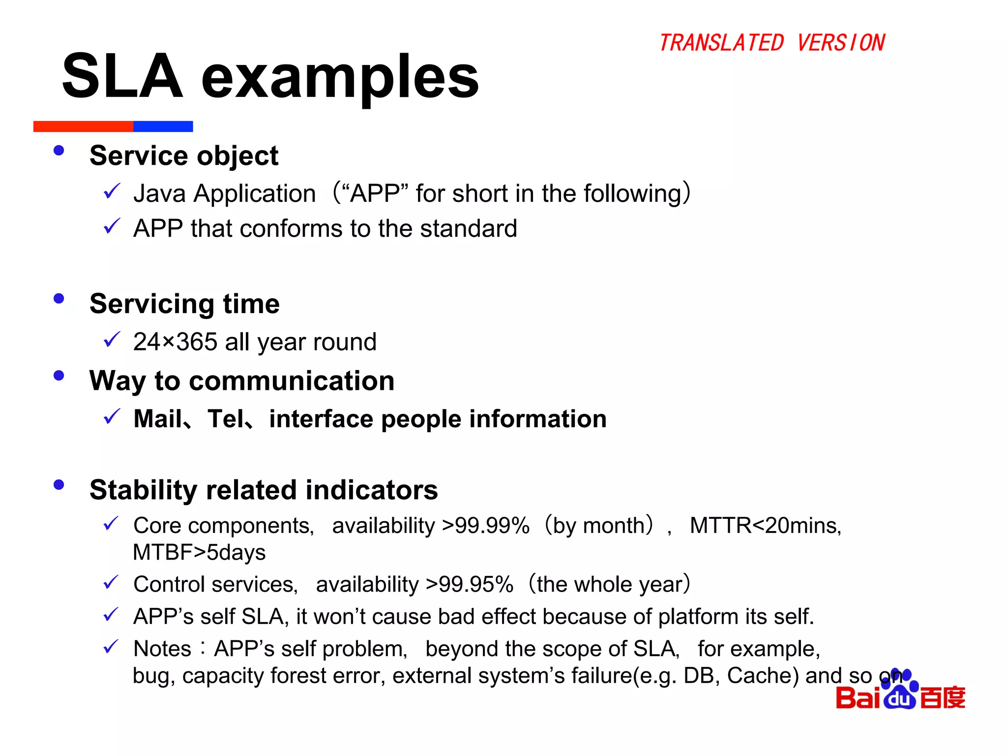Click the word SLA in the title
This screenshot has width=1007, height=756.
122,76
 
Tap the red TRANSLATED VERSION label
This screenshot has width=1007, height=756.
771,43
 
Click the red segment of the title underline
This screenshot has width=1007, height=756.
83,126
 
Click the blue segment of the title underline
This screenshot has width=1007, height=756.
163,126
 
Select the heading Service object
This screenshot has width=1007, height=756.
183,156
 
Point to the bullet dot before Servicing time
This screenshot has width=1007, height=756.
59,298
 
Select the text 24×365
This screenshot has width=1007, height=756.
175,342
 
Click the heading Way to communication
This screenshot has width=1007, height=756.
241,380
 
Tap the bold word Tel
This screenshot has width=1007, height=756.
225,419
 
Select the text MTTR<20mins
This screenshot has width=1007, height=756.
765,526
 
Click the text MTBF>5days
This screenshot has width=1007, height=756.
199,552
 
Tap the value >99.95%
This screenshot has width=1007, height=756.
469,585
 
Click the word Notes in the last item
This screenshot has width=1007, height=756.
162,649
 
